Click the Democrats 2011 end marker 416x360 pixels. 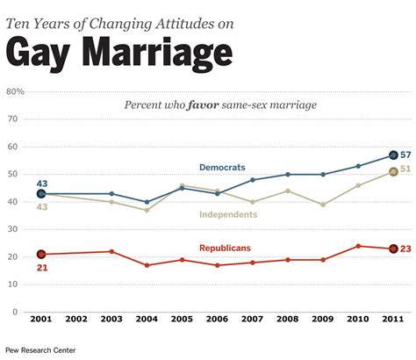coord(393,155)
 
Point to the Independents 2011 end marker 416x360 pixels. coord(393,172)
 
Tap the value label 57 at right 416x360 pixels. coord(405,155)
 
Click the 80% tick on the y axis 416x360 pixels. coord(15,90)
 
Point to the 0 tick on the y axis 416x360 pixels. coord(15,312)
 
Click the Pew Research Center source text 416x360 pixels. coord(39,350)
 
